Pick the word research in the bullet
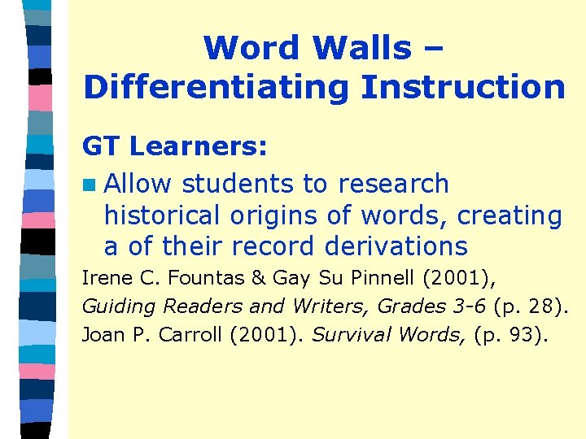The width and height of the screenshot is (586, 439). [x=394, y=184]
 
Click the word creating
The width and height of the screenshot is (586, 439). [x=509, y=215]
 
